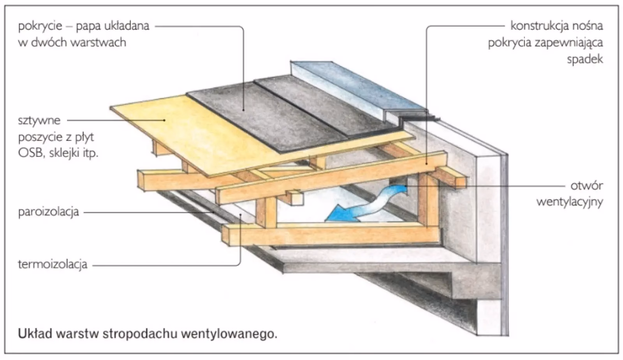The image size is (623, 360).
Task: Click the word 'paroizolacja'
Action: coord(48,212)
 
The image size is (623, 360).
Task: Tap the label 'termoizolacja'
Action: coord(53,265)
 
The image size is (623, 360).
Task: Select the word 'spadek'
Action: coord(585,60)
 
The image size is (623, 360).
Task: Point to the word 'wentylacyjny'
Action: coord(570,202)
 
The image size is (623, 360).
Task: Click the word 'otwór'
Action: coord(587,185)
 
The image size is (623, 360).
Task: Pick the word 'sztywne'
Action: coord(39,120)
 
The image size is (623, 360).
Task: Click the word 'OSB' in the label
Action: coord(28,153)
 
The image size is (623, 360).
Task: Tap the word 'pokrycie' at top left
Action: coord(40,26)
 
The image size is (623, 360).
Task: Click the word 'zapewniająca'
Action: coord(569,43)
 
